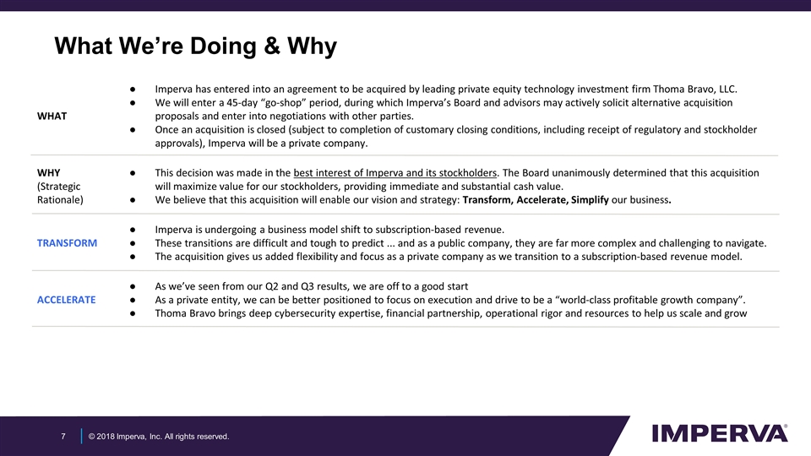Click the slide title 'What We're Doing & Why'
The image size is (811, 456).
(x=195, y=46)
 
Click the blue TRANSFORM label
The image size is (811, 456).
(x=67, y=243)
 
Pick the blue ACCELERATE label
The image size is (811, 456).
(x=67, y=300)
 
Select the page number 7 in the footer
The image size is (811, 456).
(x=63, y=436)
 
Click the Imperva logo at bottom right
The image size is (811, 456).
(x=720, y=433)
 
